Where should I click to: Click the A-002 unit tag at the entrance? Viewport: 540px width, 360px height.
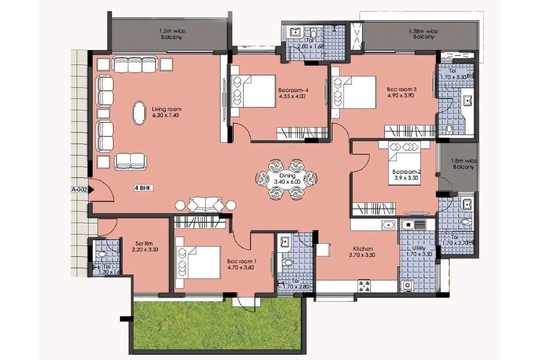tap(79, 190)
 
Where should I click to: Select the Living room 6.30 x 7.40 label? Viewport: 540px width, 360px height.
tap(166, 112)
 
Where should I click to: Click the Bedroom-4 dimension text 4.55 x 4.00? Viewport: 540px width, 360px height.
tap(292, 96)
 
